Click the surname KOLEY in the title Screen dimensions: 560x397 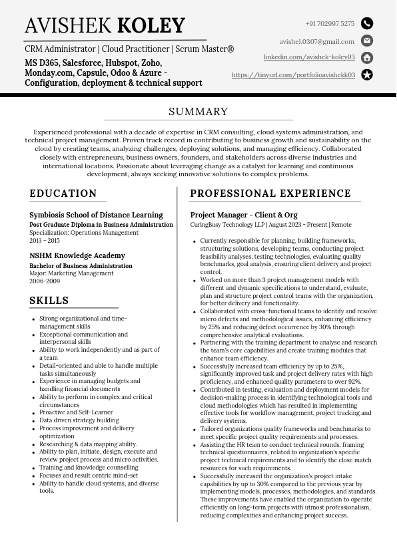[151, 26]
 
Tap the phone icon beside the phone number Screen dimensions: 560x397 [367, 23]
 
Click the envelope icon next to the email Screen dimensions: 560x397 [367, 41]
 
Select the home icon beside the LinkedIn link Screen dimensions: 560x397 [367, 58]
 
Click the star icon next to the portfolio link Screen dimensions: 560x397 [367, 74]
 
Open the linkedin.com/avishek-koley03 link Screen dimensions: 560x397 [309, 58]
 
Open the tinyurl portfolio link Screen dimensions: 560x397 [293, 75]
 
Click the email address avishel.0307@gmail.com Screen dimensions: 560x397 [316, 41]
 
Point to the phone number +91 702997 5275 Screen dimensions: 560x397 [330, 24]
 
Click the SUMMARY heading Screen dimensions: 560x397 [198, 112]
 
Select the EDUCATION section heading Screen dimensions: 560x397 [63, 194]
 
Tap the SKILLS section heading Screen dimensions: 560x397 [49, 301]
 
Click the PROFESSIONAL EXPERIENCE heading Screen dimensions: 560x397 [270, 194]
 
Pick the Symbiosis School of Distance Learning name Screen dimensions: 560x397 [96, 215]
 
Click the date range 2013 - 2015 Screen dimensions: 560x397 [45, 240]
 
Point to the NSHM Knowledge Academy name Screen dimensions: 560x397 [77, 255]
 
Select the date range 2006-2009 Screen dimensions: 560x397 [44, 281]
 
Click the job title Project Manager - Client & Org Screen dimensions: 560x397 [244, 215]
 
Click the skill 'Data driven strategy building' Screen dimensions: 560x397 [79, 420]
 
